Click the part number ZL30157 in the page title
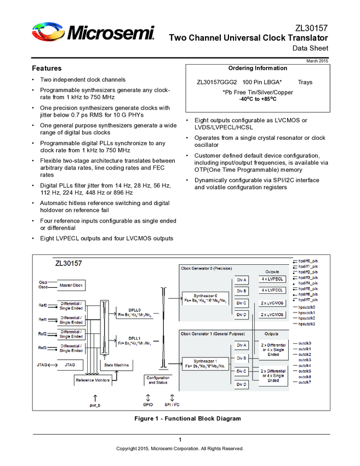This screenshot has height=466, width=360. click(x=311, y=27)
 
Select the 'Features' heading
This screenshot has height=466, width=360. click(x=47, y=69)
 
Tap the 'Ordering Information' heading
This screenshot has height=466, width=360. click(x=258, y=68)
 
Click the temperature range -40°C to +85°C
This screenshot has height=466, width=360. click(x=258, y=99)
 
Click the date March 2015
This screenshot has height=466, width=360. click(x=317, y=60)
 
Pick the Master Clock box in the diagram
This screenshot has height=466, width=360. click(x=71, y=285)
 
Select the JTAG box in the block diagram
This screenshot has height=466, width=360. click(x=70, y=365)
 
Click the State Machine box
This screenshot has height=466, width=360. click(x=116, y=365)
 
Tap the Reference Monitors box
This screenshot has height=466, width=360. click(x=93, y=379)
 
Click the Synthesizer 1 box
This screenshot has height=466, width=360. click(x=204, y=363)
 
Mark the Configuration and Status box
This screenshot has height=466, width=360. click(x=158, y=380)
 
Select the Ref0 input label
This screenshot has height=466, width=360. click(x=42, y=305)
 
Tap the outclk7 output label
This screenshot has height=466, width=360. click(x=305, y=382)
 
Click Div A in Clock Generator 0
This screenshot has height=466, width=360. click(x=242, y=280)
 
